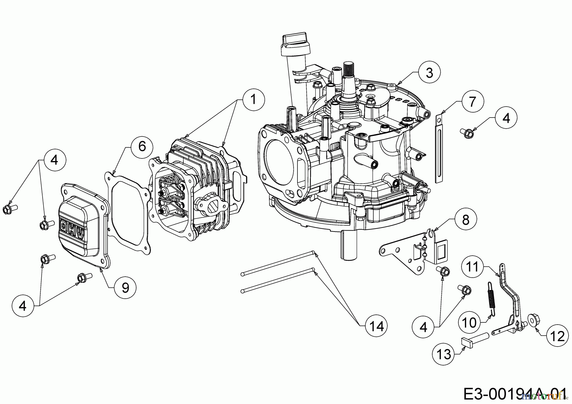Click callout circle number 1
[253, 99]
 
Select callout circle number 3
[429, 73]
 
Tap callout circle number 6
[142, 146]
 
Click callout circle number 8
[466, 219]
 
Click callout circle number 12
[558, 336]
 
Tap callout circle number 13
[444, 353]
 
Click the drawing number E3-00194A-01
[515, 394]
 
